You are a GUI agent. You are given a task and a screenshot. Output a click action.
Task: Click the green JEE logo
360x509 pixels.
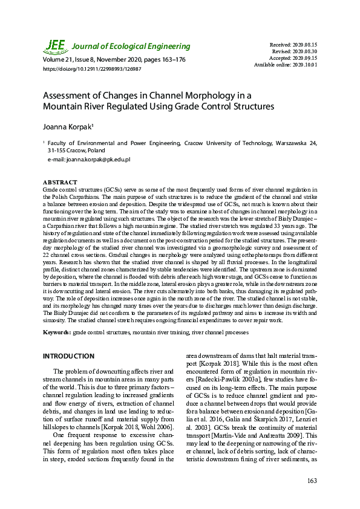click(56, 46)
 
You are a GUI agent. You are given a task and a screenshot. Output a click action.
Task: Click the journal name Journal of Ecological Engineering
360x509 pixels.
click(131, 47)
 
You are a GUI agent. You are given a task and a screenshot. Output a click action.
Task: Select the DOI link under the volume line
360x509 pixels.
click(92, 70)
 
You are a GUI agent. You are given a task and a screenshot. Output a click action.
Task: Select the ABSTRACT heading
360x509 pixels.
click(60, 182)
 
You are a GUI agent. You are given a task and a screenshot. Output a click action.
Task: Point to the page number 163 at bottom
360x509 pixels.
click(312, 481)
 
